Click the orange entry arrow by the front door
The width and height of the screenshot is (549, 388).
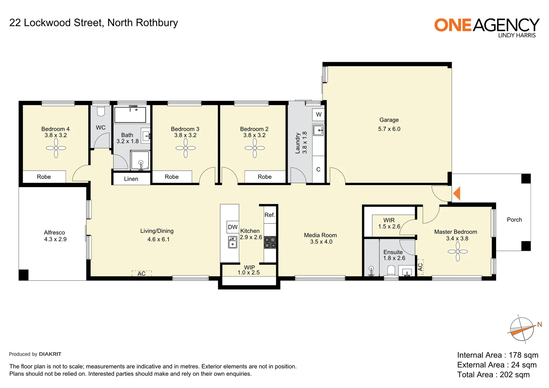(457, 193)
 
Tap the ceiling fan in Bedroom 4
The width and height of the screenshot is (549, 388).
(56, 148)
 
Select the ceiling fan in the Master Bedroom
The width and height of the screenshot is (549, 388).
(457, 251)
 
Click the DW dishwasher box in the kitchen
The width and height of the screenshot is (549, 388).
(233, 227)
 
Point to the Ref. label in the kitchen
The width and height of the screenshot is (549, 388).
(269, 215)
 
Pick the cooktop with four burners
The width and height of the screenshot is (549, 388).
(270, 242)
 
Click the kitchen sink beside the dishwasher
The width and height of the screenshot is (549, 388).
(233, 242)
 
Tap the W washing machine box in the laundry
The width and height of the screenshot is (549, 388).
(318, 115)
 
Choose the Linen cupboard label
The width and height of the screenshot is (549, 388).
(131, 179)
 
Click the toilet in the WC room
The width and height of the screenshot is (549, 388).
(101, 111)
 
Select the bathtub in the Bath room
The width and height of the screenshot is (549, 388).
(130, 115)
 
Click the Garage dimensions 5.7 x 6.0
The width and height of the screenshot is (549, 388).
(389, 129)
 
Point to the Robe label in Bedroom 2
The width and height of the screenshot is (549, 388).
(264, 177)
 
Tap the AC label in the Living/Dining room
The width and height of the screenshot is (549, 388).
(142, 274)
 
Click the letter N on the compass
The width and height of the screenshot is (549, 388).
(539, 324)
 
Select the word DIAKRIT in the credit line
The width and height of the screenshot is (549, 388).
(50, 354)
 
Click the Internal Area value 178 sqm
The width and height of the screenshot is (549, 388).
(523, 355)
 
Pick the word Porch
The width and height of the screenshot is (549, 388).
(514, 220)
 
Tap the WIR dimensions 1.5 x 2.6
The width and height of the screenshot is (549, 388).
(389, 226)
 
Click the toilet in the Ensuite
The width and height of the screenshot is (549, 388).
(391, 270)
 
